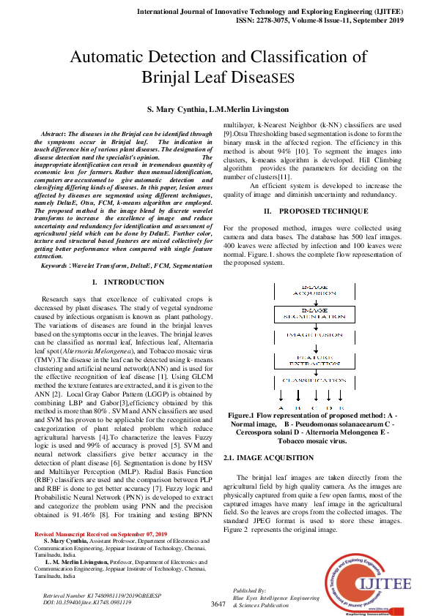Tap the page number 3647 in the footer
(x=218, y=604)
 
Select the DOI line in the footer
(x=87, y=602)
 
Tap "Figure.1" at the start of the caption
(x=243, y=415)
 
